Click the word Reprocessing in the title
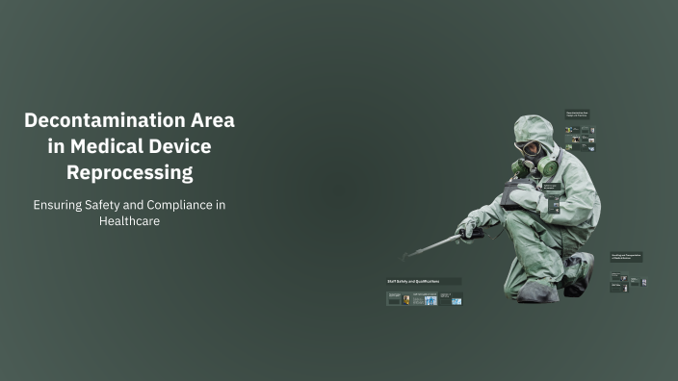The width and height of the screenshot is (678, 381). (x=129, y=173)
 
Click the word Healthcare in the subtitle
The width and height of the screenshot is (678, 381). (x=129, y=221)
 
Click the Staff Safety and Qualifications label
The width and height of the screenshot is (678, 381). (x=413, y=282)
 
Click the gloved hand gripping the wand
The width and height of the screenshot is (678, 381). (x=469, y=227)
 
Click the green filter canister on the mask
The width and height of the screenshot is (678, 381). (x=548, y=168)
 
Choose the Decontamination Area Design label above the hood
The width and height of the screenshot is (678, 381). (x=577, y=114)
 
